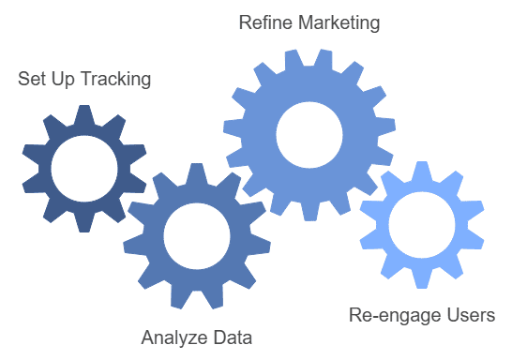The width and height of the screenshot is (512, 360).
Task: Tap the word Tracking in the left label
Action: [116, 79]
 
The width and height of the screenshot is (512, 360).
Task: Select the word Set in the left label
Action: [30, 79]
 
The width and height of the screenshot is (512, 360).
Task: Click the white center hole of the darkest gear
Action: [83, 169]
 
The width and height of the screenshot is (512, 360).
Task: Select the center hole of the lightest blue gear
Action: [421, 225]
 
